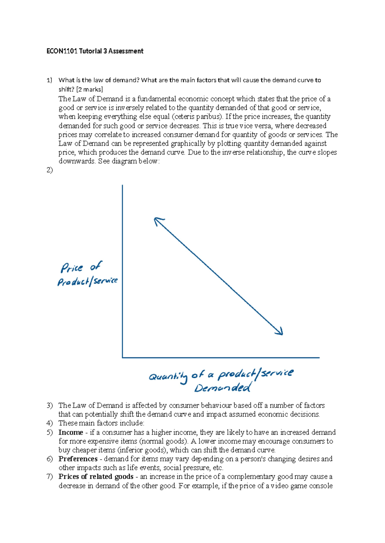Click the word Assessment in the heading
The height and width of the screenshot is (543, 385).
click(126, 51)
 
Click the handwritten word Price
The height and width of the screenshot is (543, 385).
click(72, 267)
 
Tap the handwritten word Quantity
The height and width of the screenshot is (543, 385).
click(168, 377)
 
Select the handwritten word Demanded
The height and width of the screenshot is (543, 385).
click(222, 388)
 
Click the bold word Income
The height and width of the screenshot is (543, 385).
click(71, 433)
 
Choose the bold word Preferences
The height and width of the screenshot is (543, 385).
click(78, 459)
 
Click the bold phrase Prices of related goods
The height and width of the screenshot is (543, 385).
click(96, 477)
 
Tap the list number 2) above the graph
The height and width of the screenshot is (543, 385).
click(49, 170)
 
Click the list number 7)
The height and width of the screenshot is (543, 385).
click(49, 477)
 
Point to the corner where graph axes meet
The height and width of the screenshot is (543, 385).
click(123, 357)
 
